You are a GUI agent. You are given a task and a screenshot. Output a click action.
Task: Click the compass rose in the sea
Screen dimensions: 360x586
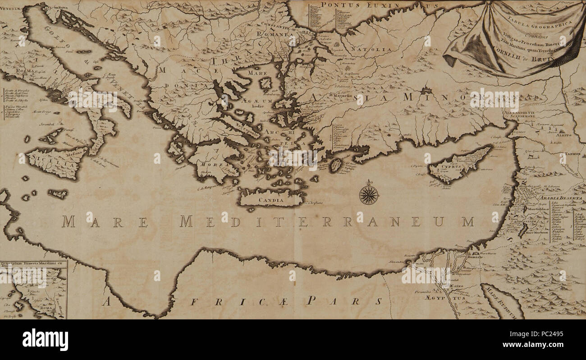tap(369, 195)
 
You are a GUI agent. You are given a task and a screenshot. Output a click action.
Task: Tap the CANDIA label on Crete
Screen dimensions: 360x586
tap(271, 199)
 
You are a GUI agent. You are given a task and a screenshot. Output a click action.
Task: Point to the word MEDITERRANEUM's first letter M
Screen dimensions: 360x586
tap(186, 222)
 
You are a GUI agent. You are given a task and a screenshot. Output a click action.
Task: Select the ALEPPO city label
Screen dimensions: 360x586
tap(563, 134)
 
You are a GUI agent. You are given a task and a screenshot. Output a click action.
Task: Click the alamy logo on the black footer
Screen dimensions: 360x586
tap(45, 339)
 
